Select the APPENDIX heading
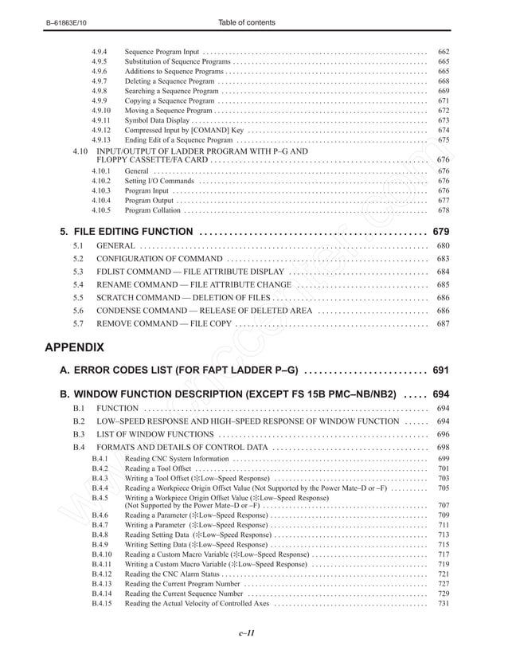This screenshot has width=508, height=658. pos(74,347)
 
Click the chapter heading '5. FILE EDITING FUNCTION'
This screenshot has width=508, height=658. pos(127,232)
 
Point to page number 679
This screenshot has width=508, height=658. pos(440,232)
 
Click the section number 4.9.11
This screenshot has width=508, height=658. pos(101,120)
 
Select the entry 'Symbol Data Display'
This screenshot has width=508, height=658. pos(158,120)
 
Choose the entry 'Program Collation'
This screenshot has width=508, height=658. pos(153,210)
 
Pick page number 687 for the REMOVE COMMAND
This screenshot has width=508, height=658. pos(443,323)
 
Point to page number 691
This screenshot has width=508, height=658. pos(440,370)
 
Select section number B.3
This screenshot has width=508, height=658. pos(79,434)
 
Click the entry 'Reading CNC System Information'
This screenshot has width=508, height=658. pos(177,459)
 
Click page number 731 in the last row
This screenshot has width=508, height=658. pos(444,603)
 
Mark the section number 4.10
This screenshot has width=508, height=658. pos(80,151)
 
